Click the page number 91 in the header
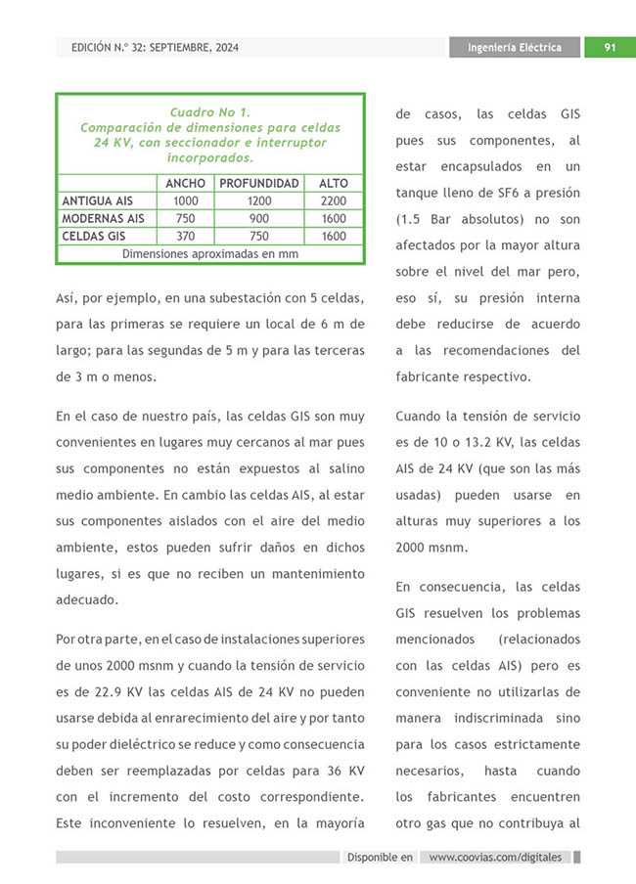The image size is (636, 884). pyautogui.click(x=609, y=47)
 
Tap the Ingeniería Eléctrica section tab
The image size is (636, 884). pyautogui.click(x=515, y=47)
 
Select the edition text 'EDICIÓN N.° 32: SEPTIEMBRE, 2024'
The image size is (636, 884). pyautogui.click(x=155, y=47)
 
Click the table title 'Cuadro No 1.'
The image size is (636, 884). pyautogui.click(x=210, y=112)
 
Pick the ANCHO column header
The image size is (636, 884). pyautogui.click(x=185, y=183)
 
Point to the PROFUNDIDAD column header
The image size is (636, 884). pyautogui.click(x=259, y=183)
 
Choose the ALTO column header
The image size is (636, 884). pyautogui.click(x=334, y=183)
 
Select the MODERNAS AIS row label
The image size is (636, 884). pyautogui.click(x=103, y=218)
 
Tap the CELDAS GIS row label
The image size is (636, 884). pyautogui.click(x=94, y=236)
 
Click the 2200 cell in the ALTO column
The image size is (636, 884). pyautogui.click(x=334, y=200)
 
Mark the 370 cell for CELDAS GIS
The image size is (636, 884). pyautogui.click(x=185, y=236)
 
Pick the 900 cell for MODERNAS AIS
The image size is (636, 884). pyautogui.click(x=259, y=218)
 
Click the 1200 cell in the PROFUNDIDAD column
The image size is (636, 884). pyautogui.click(x=259, y=200)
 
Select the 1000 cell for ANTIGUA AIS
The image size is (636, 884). pyautogui.click(x=185, y=200)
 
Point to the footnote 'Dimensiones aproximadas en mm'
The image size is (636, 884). pyautogui.click(x=210, y=253)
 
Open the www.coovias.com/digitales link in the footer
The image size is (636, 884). pyautogui.click(x=495, y=858)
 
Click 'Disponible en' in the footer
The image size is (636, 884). pyautogui.click(x=380, y=858)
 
